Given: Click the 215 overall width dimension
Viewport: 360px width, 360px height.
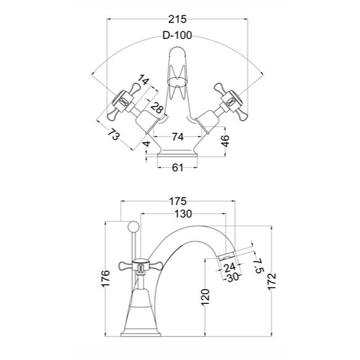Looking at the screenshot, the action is coord(178,19).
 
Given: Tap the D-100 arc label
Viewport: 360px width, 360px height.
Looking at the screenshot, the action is coord(177,35).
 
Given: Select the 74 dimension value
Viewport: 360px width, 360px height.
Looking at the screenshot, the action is coord(178,137).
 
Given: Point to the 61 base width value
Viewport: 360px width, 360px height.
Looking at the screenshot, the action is coord(178,168).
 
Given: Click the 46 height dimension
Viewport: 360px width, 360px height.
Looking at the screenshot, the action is coord(226,141).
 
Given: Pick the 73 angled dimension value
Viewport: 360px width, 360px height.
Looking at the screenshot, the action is coord(113,134).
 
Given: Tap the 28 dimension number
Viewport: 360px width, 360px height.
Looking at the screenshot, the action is coord(158,108).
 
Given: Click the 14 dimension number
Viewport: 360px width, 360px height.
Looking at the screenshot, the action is coord(143,80).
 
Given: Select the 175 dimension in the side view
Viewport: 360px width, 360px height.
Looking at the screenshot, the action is coord(178,202).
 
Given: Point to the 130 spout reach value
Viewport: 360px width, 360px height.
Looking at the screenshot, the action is coord(183,214).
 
